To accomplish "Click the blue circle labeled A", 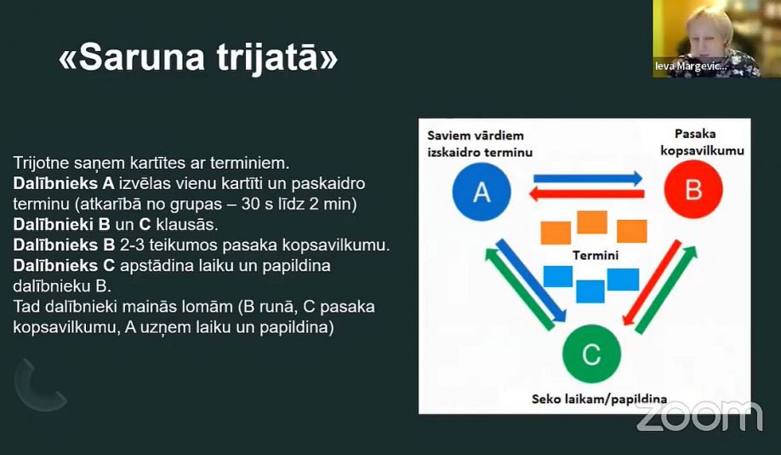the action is (482, 192).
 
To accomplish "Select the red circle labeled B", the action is (693, 189).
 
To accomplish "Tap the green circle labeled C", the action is (592, 354).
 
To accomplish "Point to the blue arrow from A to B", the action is (588, 179).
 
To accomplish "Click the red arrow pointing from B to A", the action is (587, 194).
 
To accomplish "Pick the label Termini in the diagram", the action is (596, 256).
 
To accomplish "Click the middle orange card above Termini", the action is (592, 222).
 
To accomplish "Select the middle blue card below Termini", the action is (590, 291).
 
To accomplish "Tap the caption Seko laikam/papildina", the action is (599, 399).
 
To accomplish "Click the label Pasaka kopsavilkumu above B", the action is (702, 142).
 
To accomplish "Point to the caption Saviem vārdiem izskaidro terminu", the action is (480, 144).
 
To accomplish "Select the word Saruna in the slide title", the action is (141, 58).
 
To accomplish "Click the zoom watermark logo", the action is (699, 416).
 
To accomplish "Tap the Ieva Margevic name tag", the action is (692, 66).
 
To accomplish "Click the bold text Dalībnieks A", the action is (64, 183).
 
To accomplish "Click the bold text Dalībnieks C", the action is (64, 266).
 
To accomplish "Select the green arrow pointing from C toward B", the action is (666, 290).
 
